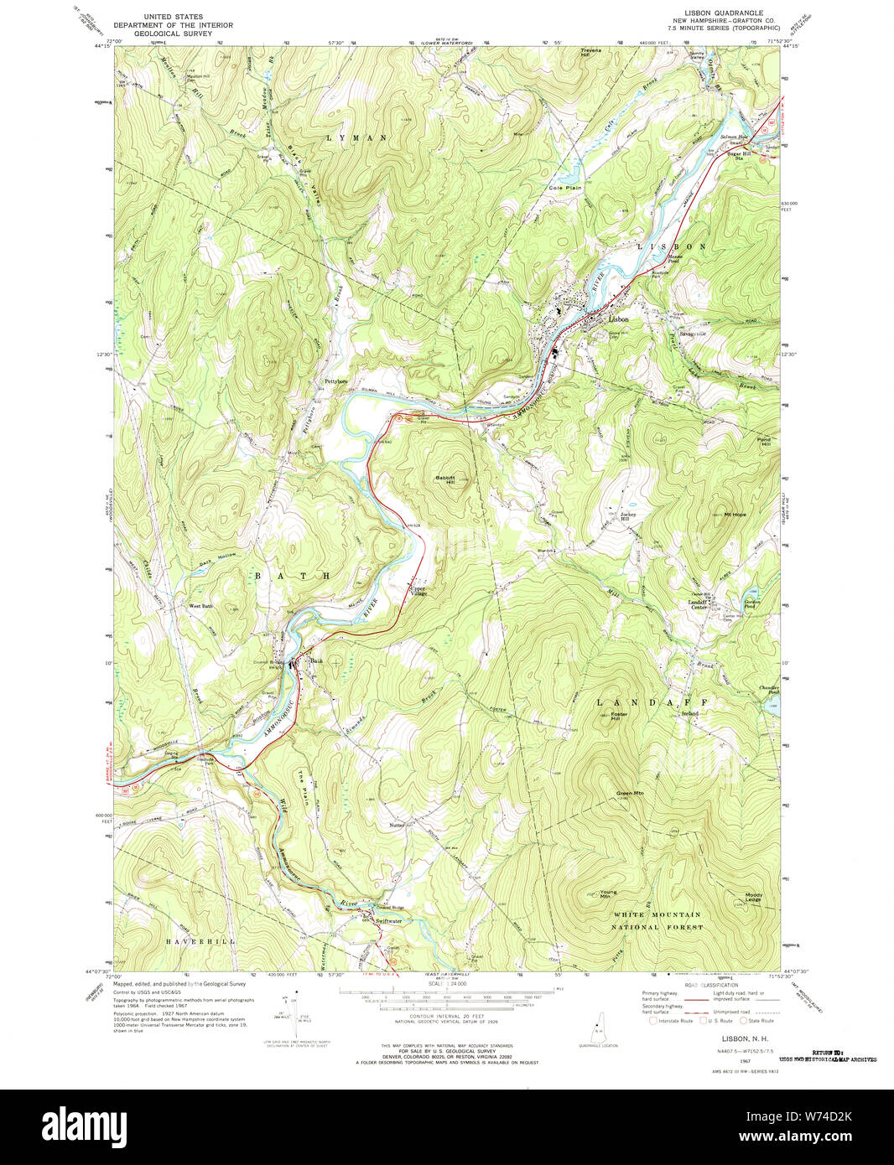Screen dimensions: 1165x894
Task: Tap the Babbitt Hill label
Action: coord(444,480)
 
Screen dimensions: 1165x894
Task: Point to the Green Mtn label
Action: coord(630,793)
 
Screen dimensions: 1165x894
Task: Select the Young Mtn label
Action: coord(609,894)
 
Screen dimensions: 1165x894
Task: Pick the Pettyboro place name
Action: coord(336,382)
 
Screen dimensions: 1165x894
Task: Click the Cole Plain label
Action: coord(565,188)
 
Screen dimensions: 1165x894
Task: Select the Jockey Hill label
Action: coord(629,516)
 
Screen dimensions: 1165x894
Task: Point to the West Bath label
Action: coord(200,605)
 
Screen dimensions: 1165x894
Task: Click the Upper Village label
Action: coord(419,591)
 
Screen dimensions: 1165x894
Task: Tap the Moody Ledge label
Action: coord(754,897)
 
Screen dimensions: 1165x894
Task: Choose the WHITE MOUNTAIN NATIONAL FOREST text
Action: coord(657,921)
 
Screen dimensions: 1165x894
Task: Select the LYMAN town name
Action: coord(356,137)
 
